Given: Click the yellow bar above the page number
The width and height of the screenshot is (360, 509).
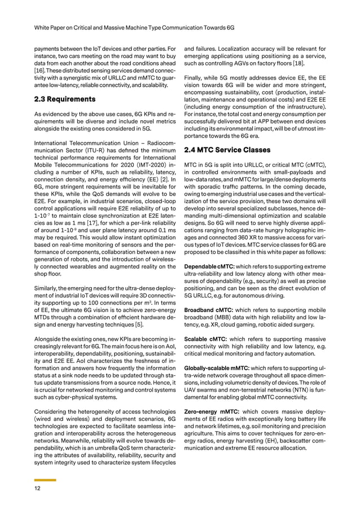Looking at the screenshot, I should pyautogui.click(x=41, y=480).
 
